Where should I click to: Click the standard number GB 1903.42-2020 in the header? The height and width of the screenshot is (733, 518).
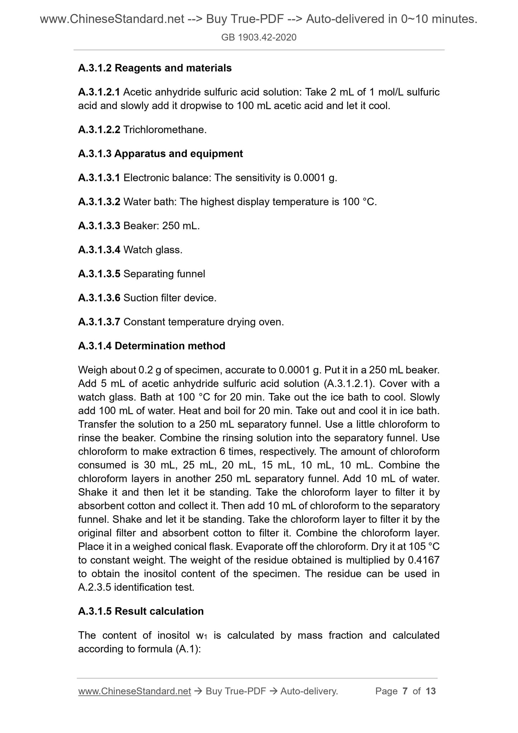(x=259, y=37)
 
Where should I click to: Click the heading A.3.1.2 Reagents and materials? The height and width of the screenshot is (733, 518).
(x=155, y=68)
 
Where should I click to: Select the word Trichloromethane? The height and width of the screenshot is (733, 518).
(x=164, y=130)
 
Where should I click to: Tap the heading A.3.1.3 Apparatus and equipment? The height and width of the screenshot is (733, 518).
(x=160, y=154)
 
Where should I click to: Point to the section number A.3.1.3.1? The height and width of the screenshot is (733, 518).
(x=99, y=178)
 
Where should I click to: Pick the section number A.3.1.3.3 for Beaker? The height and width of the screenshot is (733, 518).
(x=99, y=226)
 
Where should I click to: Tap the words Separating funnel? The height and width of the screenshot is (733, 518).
(x=164, y=274)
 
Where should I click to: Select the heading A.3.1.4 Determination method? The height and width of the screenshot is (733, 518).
(x=152, y=346)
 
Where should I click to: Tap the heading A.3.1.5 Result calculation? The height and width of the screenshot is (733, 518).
(x=141, y=611)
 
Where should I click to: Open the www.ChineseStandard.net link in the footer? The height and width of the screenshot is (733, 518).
(x=134, y=691)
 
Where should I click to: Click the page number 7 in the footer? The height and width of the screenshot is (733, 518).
(x=405, y=691)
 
